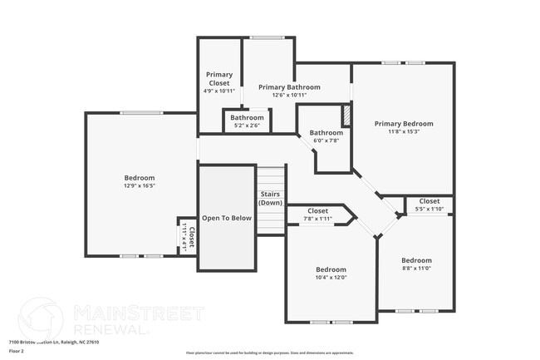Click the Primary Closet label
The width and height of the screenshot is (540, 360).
(x=219, y=79)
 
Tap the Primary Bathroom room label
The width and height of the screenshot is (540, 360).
(x=289, y=87)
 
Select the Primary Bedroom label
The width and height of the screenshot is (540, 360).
(x=404, y=124)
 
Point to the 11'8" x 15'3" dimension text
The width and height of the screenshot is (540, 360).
(x=404, y=131)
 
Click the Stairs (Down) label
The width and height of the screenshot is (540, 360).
(x=270, y=198)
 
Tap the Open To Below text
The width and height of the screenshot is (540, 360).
(x=226, y=218)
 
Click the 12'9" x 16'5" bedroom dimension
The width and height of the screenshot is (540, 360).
(x=140, y=186)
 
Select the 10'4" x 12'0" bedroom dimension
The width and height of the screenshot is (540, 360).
(x=331, y=278)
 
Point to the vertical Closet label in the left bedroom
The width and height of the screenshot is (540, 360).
(x=189, y=239)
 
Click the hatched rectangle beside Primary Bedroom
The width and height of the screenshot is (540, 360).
(x=348, y=113)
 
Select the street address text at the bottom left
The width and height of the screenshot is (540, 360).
(x=54, y=341)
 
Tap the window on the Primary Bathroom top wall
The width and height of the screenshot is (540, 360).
(x=267, y=37)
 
